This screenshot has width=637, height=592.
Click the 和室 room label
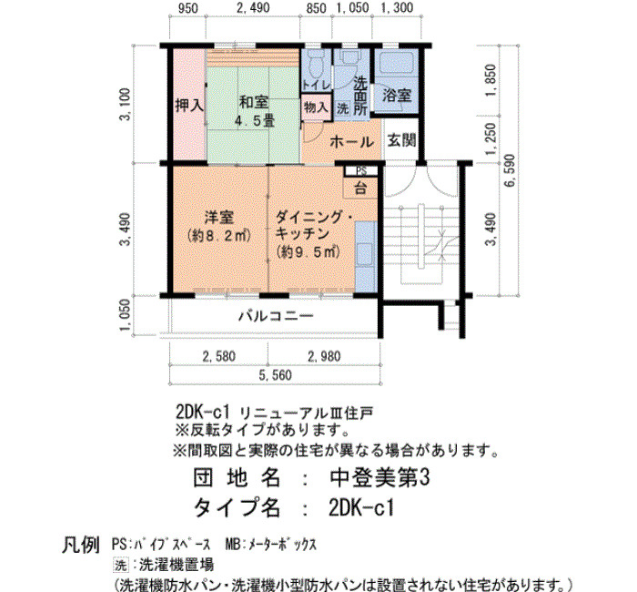pyautogui.click(x=254, y=102)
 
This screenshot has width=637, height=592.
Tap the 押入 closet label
pyautogui.click(x=189, y=107)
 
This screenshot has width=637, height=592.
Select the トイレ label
pyautogui.click(x=316, y=86)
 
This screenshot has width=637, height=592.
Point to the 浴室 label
pyautogui.click(x=397, y=96)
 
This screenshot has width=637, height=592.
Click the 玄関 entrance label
pyautogui.click(x=401, y=140)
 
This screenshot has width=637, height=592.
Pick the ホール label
pyautogui.click(x=352, y=142)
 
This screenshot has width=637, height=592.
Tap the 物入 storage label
pyautogui.click(x=316, y=107)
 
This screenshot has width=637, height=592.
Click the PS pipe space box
pyautogui.click(x=361, y=171)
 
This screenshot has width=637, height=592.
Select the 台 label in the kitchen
pyautogui.click(x=360, y=189)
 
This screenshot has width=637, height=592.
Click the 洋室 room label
pyautogui.click(x=219, y=218)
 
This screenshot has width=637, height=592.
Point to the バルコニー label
pyautogui.click(x=276, y=316)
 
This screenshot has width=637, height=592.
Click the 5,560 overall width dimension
pyautogui.click(x=276, y=375)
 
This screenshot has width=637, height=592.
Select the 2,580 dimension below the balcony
pyautogui.click(x=219, y=357)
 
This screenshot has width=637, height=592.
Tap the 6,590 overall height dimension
pyautogui.click(x=510, y=170)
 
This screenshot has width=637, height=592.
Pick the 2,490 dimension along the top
pyautogui.click(x=253, y=7)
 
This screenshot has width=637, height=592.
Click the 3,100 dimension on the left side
pyautogui.click(x=126, y=105)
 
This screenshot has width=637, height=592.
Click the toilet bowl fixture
pyautogui.click(x=315, y=65)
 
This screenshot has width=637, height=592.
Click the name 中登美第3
pyautogui.click(x=379, y=477)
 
